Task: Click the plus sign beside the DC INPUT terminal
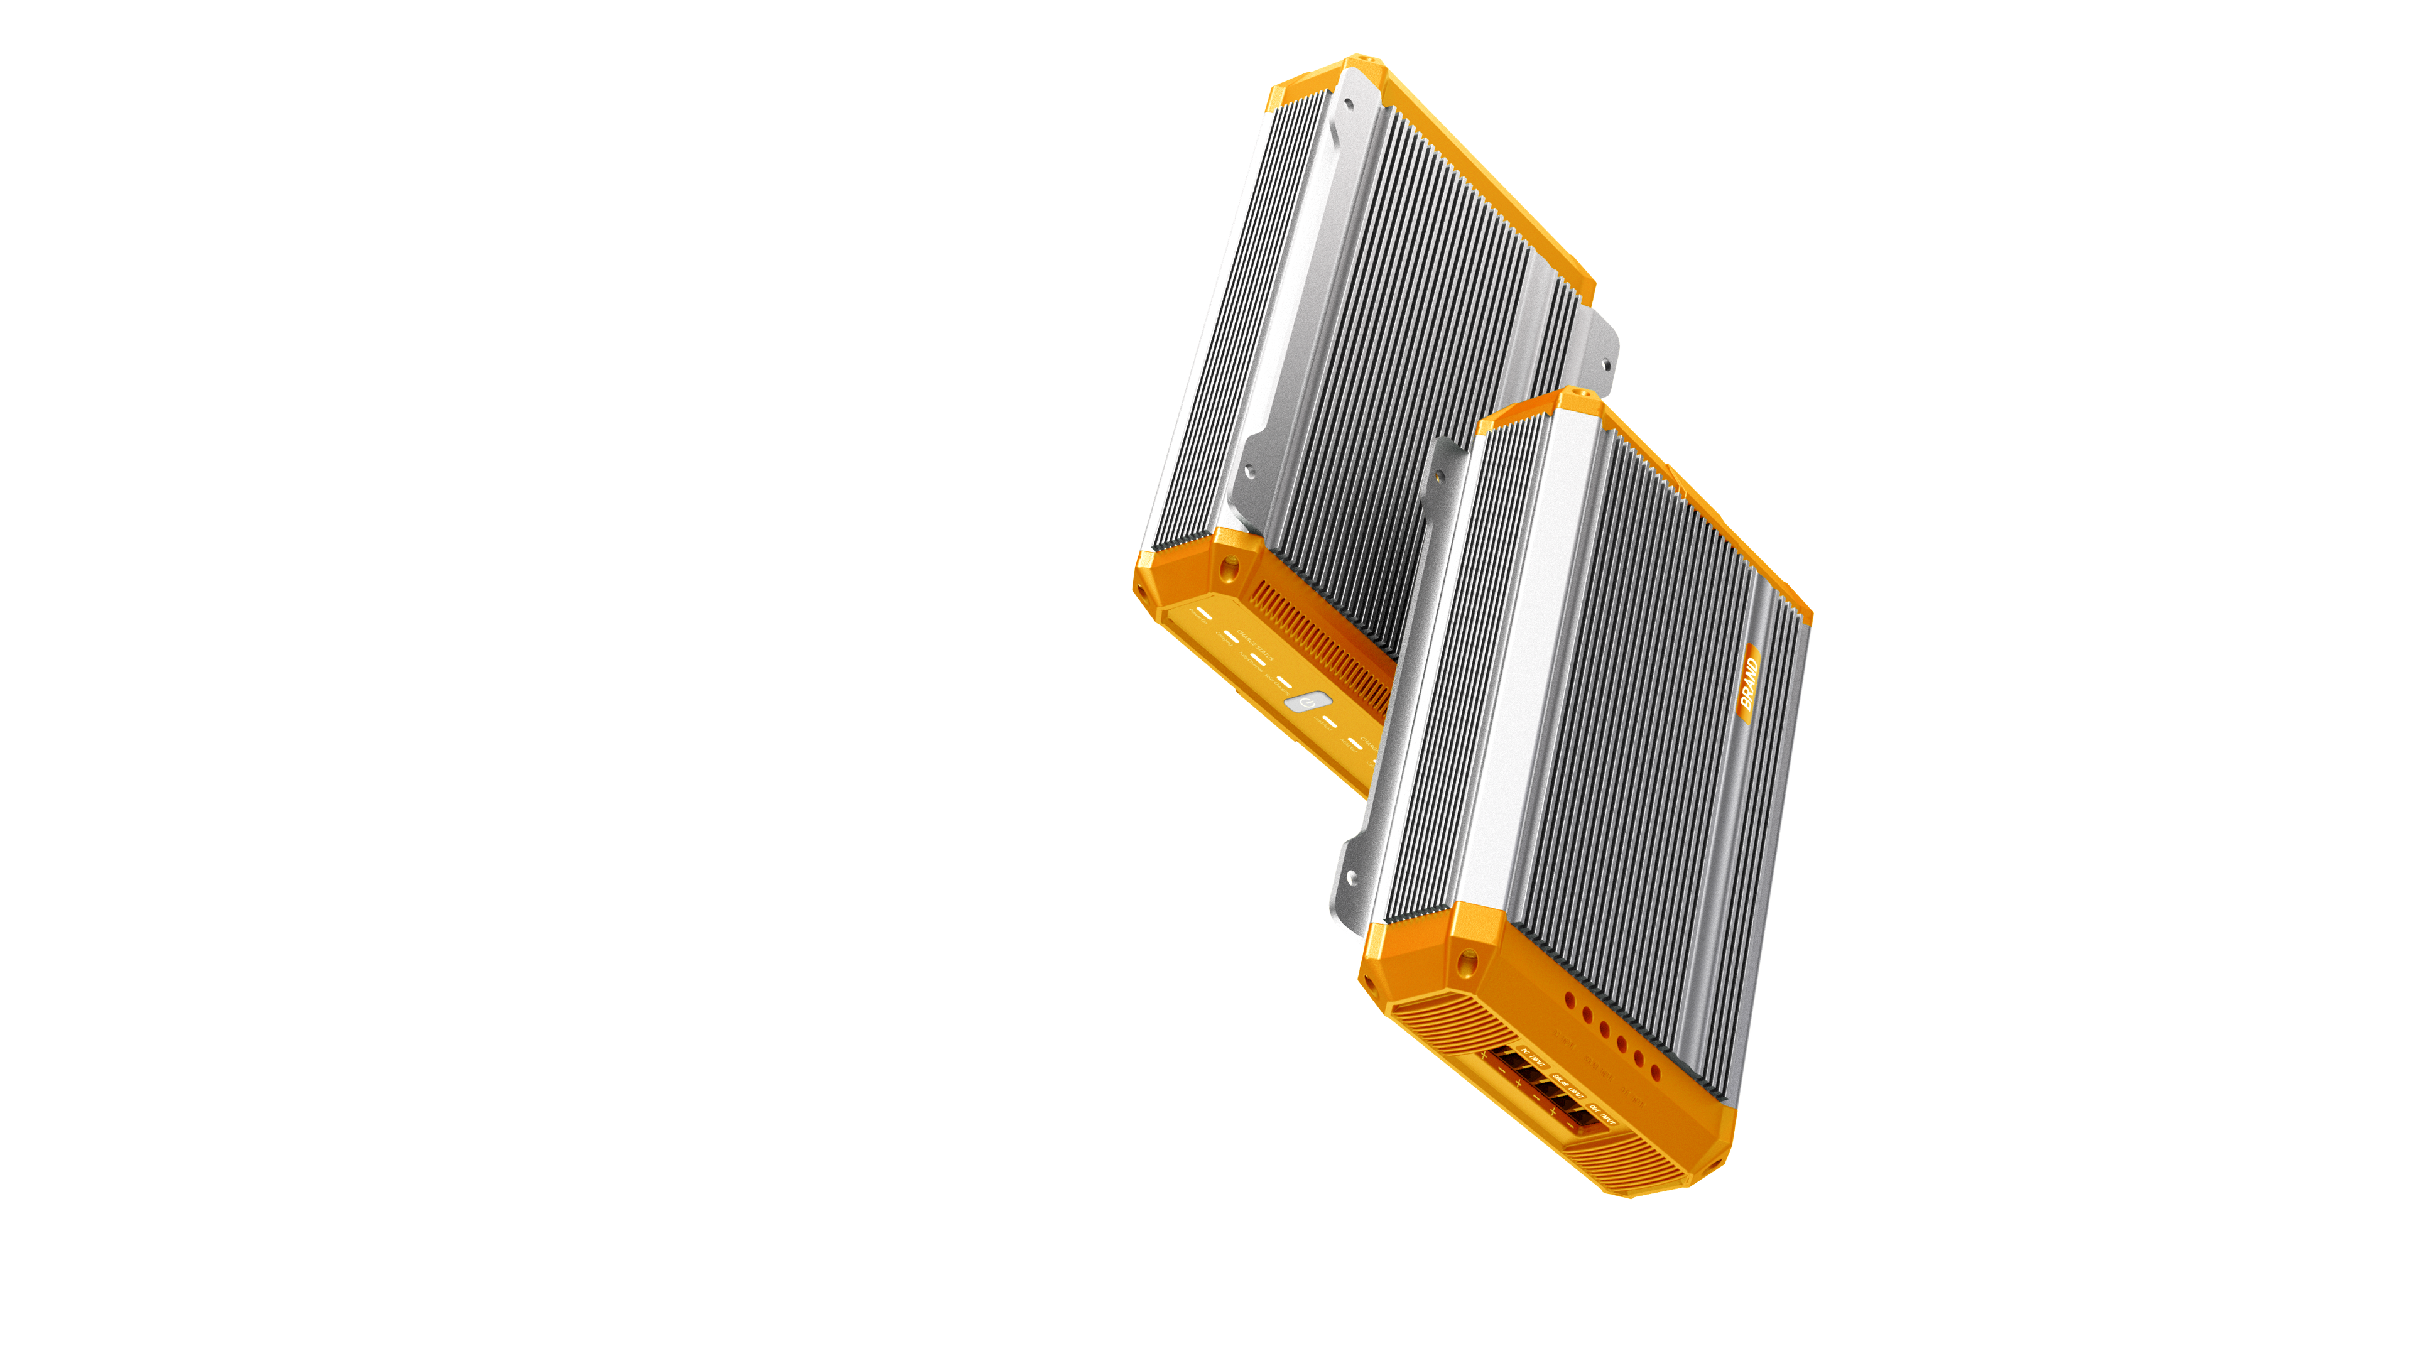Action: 1484,1055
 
